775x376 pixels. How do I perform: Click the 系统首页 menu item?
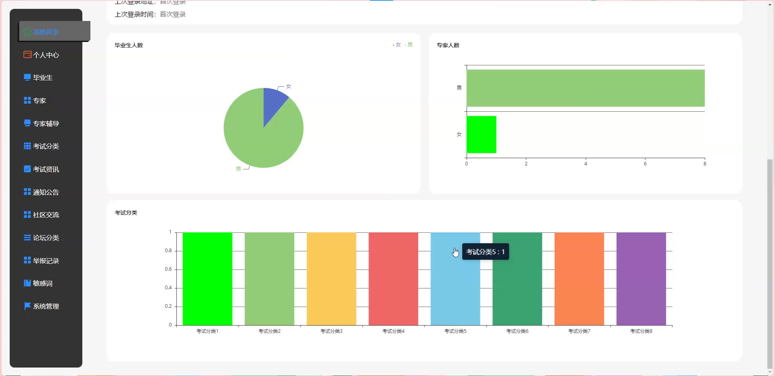pos(46,32)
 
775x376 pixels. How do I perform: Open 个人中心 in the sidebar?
pos(46,55)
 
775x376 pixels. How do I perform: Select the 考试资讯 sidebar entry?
pos(46,169)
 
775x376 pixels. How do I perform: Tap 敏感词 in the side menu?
pos(42,284)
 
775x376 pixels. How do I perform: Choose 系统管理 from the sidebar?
pos(46,307)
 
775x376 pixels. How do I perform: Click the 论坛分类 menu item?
pos(46,238)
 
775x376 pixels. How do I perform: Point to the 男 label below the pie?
pos(238,169)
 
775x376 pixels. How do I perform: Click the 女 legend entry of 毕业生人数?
pos(398,45)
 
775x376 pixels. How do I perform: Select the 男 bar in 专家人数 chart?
pos(585,88)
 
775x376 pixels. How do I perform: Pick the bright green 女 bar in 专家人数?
pos(481,134)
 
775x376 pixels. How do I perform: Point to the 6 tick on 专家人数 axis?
pos(645,164)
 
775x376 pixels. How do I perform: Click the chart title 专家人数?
pos(448,45)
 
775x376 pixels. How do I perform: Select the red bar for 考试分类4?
pos(393,278)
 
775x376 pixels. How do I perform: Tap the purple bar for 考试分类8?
pos(641,278)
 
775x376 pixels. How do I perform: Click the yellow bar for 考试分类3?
pos(331,278)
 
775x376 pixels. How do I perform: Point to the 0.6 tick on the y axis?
pos(168,269)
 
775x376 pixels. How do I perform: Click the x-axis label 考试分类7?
pos(579,331)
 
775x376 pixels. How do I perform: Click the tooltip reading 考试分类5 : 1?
pos(485,252)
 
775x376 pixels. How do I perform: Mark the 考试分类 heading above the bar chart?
pos(126,213)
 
